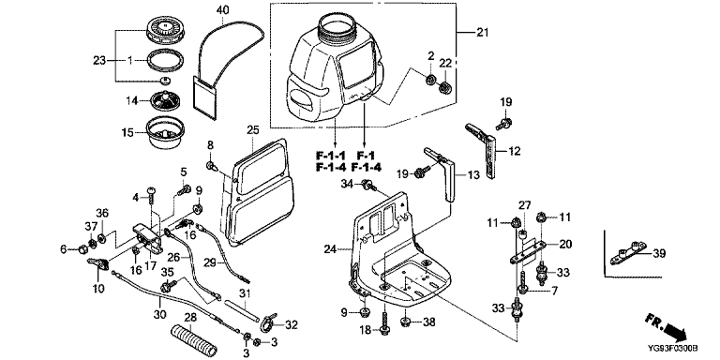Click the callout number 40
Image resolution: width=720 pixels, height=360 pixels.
(223, 8)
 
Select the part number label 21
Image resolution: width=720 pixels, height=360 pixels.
(483, 32)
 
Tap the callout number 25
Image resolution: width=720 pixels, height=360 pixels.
(253, 130)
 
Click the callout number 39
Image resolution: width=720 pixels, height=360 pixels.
(659, 253)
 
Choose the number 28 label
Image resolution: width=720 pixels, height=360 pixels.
(190, 317)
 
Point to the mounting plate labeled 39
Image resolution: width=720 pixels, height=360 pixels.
(628, 253)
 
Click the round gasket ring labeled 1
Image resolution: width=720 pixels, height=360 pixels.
(166, 60)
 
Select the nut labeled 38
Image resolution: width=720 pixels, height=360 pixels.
(405, 322)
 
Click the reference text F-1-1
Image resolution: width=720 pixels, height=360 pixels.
(330, 155)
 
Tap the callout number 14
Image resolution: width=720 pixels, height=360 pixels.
(132, 100)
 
